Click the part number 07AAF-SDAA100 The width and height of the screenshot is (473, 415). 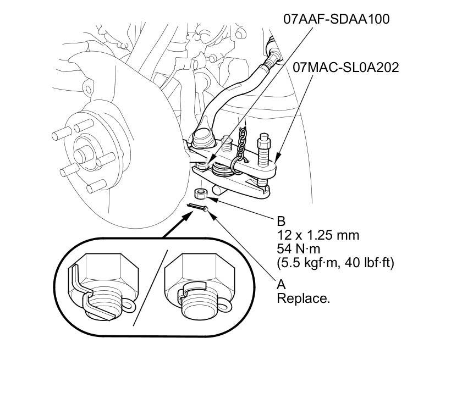tap(336, 19)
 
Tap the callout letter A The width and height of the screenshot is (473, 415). tap(281, 285)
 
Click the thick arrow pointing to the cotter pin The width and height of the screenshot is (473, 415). tap(176, 224)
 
